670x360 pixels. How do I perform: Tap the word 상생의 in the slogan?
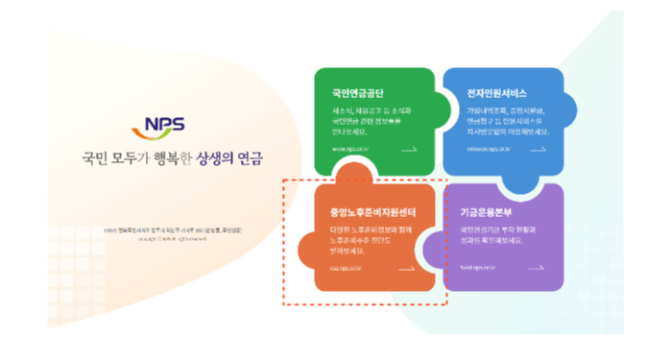216,157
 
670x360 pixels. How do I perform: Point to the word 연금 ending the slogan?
250,157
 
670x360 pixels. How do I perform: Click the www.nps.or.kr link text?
349,150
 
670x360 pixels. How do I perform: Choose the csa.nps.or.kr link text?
347,269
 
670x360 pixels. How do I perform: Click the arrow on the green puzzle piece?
408,150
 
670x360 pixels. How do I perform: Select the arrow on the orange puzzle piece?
408,269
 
